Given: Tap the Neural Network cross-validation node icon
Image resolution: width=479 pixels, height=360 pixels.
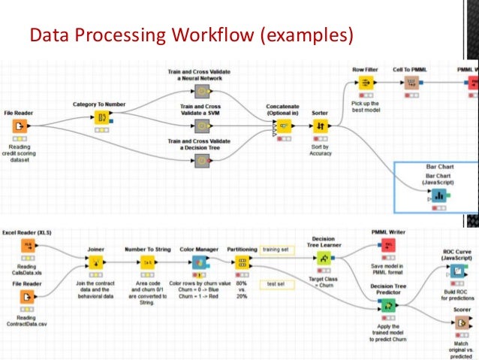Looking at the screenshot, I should (x=201, y=92).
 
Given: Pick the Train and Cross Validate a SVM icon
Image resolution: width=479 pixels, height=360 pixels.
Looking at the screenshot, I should (x=201, y=125).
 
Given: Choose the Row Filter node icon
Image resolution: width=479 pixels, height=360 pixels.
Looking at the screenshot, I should (x=366, y=83).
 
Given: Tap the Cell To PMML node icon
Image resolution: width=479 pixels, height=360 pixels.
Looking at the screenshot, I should (x=411, y=83).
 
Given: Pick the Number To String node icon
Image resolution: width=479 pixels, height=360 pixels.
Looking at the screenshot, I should (x=149, y=262).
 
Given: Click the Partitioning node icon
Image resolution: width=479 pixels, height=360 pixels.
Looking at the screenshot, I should (x=243, y=262).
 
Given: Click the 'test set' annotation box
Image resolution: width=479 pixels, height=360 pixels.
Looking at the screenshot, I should (x=275, y=283).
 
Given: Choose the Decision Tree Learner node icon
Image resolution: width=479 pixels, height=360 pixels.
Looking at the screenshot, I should (x=324, y=259).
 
